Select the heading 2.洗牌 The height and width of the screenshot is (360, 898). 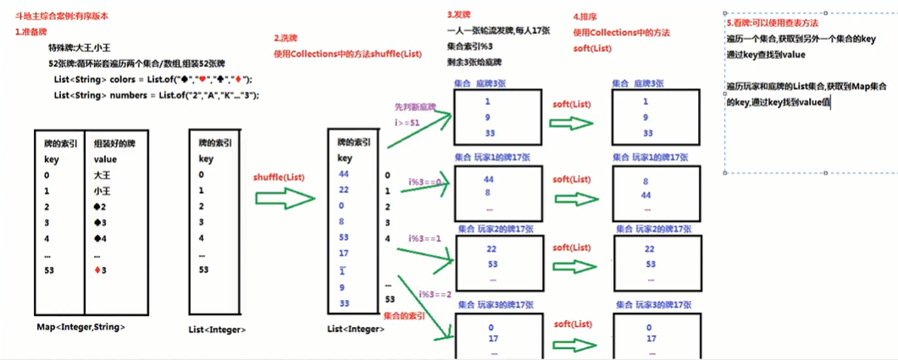coord(291,38)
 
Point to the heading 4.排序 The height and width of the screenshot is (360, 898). coord(588,17)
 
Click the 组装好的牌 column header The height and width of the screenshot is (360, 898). coord(114,143)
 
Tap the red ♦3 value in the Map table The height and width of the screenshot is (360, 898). coord(105,269)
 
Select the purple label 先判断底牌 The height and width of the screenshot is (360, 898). coord(415,108)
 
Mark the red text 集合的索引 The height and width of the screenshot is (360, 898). coord(403,316)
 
